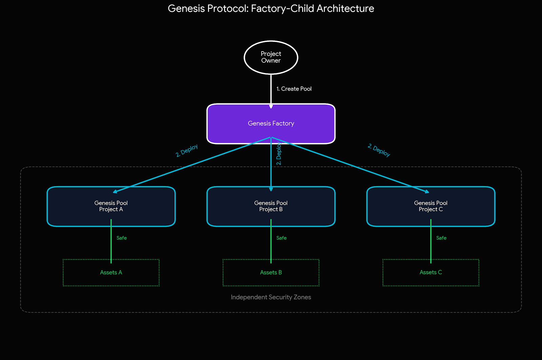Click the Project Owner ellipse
coord(271,57)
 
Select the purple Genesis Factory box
coord(237,124)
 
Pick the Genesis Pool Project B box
coord(237,206)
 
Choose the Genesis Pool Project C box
coord(467,206)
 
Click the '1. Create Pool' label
coord(294,89)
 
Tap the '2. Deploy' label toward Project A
coord(187,151)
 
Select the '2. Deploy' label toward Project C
coord(379,150)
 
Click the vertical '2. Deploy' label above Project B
coord(279,154)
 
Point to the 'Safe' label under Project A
coord(122,238)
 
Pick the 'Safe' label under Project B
coord(282,238)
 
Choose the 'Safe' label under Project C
coord(441,238)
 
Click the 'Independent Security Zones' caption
coord(271,297)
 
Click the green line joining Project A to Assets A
coord(111,247)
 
